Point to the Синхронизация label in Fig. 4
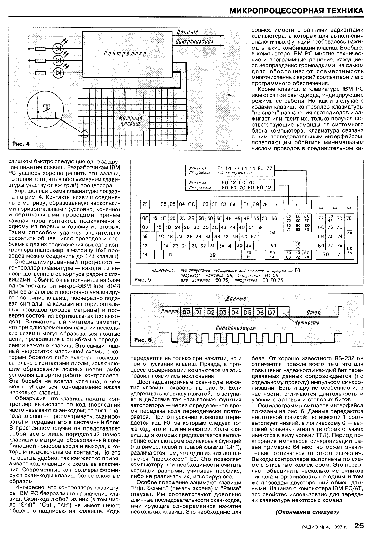click(194, 42)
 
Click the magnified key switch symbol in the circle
click(45, 109)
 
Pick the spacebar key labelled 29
click(212, 255)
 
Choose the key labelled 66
click(274, 218)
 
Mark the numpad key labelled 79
click(349, 232)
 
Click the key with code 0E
click(145, 218)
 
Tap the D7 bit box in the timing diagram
click(272, 312)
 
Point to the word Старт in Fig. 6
click(170, 312)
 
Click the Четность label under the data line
click(307, 323)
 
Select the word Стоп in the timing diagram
click(314, 312)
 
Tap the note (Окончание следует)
click(307, 512)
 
